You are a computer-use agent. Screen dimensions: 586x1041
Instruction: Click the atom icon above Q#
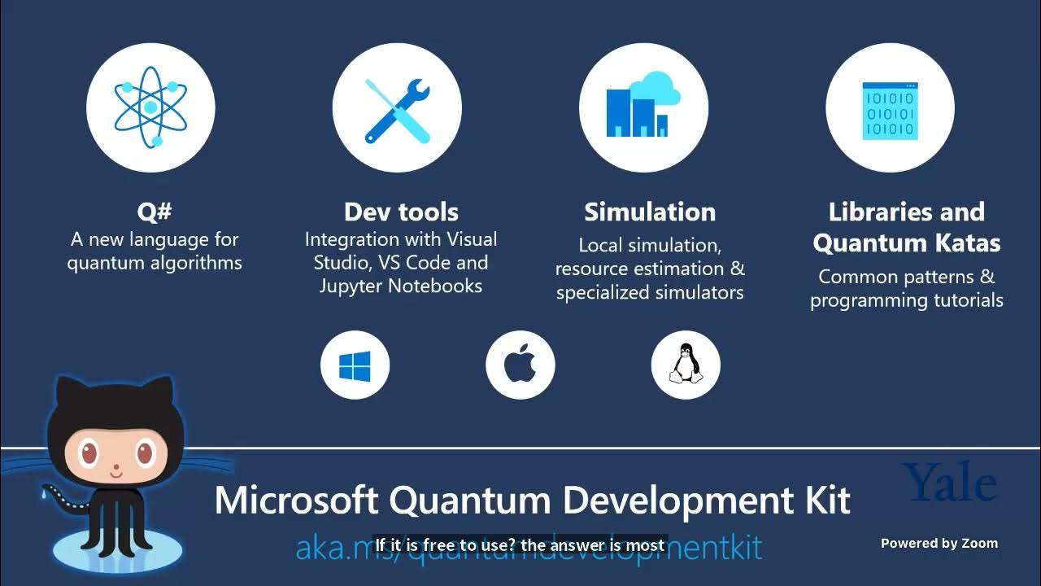click(x=150, y=108)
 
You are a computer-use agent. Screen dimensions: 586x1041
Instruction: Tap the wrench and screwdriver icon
click(x=397, y=108)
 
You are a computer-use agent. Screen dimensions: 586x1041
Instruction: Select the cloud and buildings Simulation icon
click(x=643, y=108)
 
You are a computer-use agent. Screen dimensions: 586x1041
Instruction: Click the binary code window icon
click(x=890, y=108)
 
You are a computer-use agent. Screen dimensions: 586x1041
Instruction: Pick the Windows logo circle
click(x=355, y=365)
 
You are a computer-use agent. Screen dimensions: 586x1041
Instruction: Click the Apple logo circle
click(x=520, y=365)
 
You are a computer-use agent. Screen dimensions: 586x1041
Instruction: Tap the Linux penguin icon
click(x=686, y=365)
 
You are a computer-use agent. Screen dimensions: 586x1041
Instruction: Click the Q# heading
click(x=155, y=212)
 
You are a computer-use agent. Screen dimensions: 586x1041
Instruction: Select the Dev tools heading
click(x=401, y=212)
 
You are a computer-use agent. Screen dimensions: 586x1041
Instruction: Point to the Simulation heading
click(x=650, y=212)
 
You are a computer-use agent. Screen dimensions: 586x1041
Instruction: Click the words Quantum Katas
click(x=906, y=243)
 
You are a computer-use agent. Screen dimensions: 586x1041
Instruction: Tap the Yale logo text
click(x=949, y=483)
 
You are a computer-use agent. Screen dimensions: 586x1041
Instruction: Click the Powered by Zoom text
click(x=939, y=544)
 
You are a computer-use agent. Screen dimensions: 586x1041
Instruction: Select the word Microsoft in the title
click(x=298, y=500)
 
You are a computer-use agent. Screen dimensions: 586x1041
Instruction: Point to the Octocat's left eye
click(x=84, y=452)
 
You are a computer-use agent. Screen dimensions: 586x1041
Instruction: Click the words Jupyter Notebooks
click(x=401, y=286)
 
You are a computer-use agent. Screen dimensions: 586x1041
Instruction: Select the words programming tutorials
click(x=906, y=300)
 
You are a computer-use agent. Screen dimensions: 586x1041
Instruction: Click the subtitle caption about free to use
click(x=520, y=545)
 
